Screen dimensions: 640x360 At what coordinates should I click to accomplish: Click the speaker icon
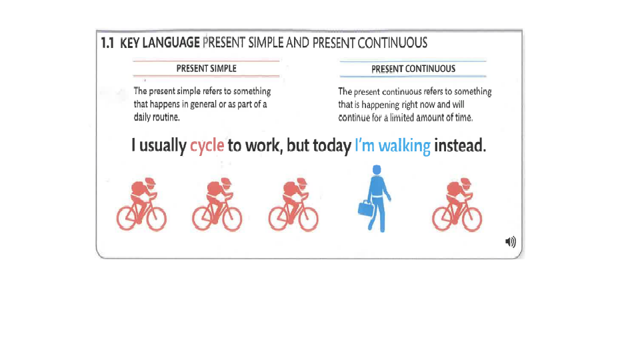click(x=510, y=242)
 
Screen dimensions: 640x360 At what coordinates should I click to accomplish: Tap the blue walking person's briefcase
click(x=366, y=208)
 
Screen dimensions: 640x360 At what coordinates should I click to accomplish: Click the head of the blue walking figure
click(x=377, y=170)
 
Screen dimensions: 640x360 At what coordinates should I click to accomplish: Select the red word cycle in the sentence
click(x=207, y=145)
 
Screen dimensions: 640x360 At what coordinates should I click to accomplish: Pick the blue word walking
click(x=404, y=146)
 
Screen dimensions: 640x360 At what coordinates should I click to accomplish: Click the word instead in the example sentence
click(x=460, y=145)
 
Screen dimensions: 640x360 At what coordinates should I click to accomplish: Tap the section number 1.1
click(x=107, y=43)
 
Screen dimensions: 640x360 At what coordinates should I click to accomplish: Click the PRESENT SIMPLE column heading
click(x=206, y=69)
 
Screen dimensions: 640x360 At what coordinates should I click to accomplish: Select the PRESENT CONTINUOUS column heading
click(x=413, y=69)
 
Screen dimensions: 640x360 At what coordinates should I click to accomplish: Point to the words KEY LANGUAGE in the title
click(x=159, y=43)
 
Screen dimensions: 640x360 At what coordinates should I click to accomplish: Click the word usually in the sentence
click(x=163, y=146)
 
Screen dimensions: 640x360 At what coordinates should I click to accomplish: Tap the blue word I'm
click(x=365, y=145)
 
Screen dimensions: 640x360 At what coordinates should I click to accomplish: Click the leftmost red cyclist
click(x=141, y=204)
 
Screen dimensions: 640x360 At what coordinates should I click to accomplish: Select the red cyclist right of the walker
click(x=457, y=204)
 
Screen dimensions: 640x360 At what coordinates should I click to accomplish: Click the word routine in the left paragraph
click(x=166, y=117)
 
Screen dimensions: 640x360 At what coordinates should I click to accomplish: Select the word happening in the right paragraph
click(x=380, y=105)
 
